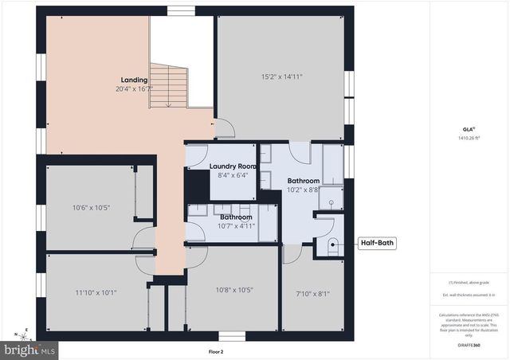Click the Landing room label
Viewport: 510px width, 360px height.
pyautogui.click(x=133, y=80)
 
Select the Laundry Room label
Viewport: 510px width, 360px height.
pyautogui.click(x=233, y=166)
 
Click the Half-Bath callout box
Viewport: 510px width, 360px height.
pyautogui.click(x=376, y=244)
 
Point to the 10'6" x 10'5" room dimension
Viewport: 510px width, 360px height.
pyautogui.click(x=91, y=208)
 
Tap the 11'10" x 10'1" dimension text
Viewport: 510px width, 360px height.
pyautogui.click(x=96, y=292)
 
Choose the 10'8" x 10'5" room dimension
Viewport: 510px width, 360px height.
pyautogui.click(x=233, y=290)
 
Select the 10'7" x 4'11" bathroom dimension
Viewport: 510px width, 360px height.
pyautogui.click(x=237, y=225)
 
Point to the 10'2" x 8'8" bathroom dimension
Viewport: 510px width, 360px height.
pyautogui.click(x=304, y=190)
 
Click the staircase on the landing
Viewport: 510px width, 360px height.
pyautogui.click(x=168, y=86)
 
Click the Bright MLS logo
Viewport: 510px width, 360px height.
pyautogui.click(x=29, y=349)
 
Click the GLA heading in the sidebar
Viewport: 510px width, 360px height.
pyautogui.click(x=468, y=128)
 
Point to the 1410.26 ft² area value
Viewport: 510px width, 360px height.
pyautogui.click(x=468, y=138)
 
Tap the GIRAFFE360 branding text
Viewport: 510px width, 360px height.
pyautogui.click(x=468, y=346)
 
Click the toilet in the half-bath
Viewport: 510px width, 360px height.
pyautogui.click(x=332, y=246)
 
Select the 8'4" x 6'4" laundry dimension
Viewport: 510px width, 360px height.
pyautogui.click(x=233, y=175)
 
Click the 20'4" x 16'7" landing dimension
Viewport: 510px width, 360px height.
pyautogui.click(x=133, y=89)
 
